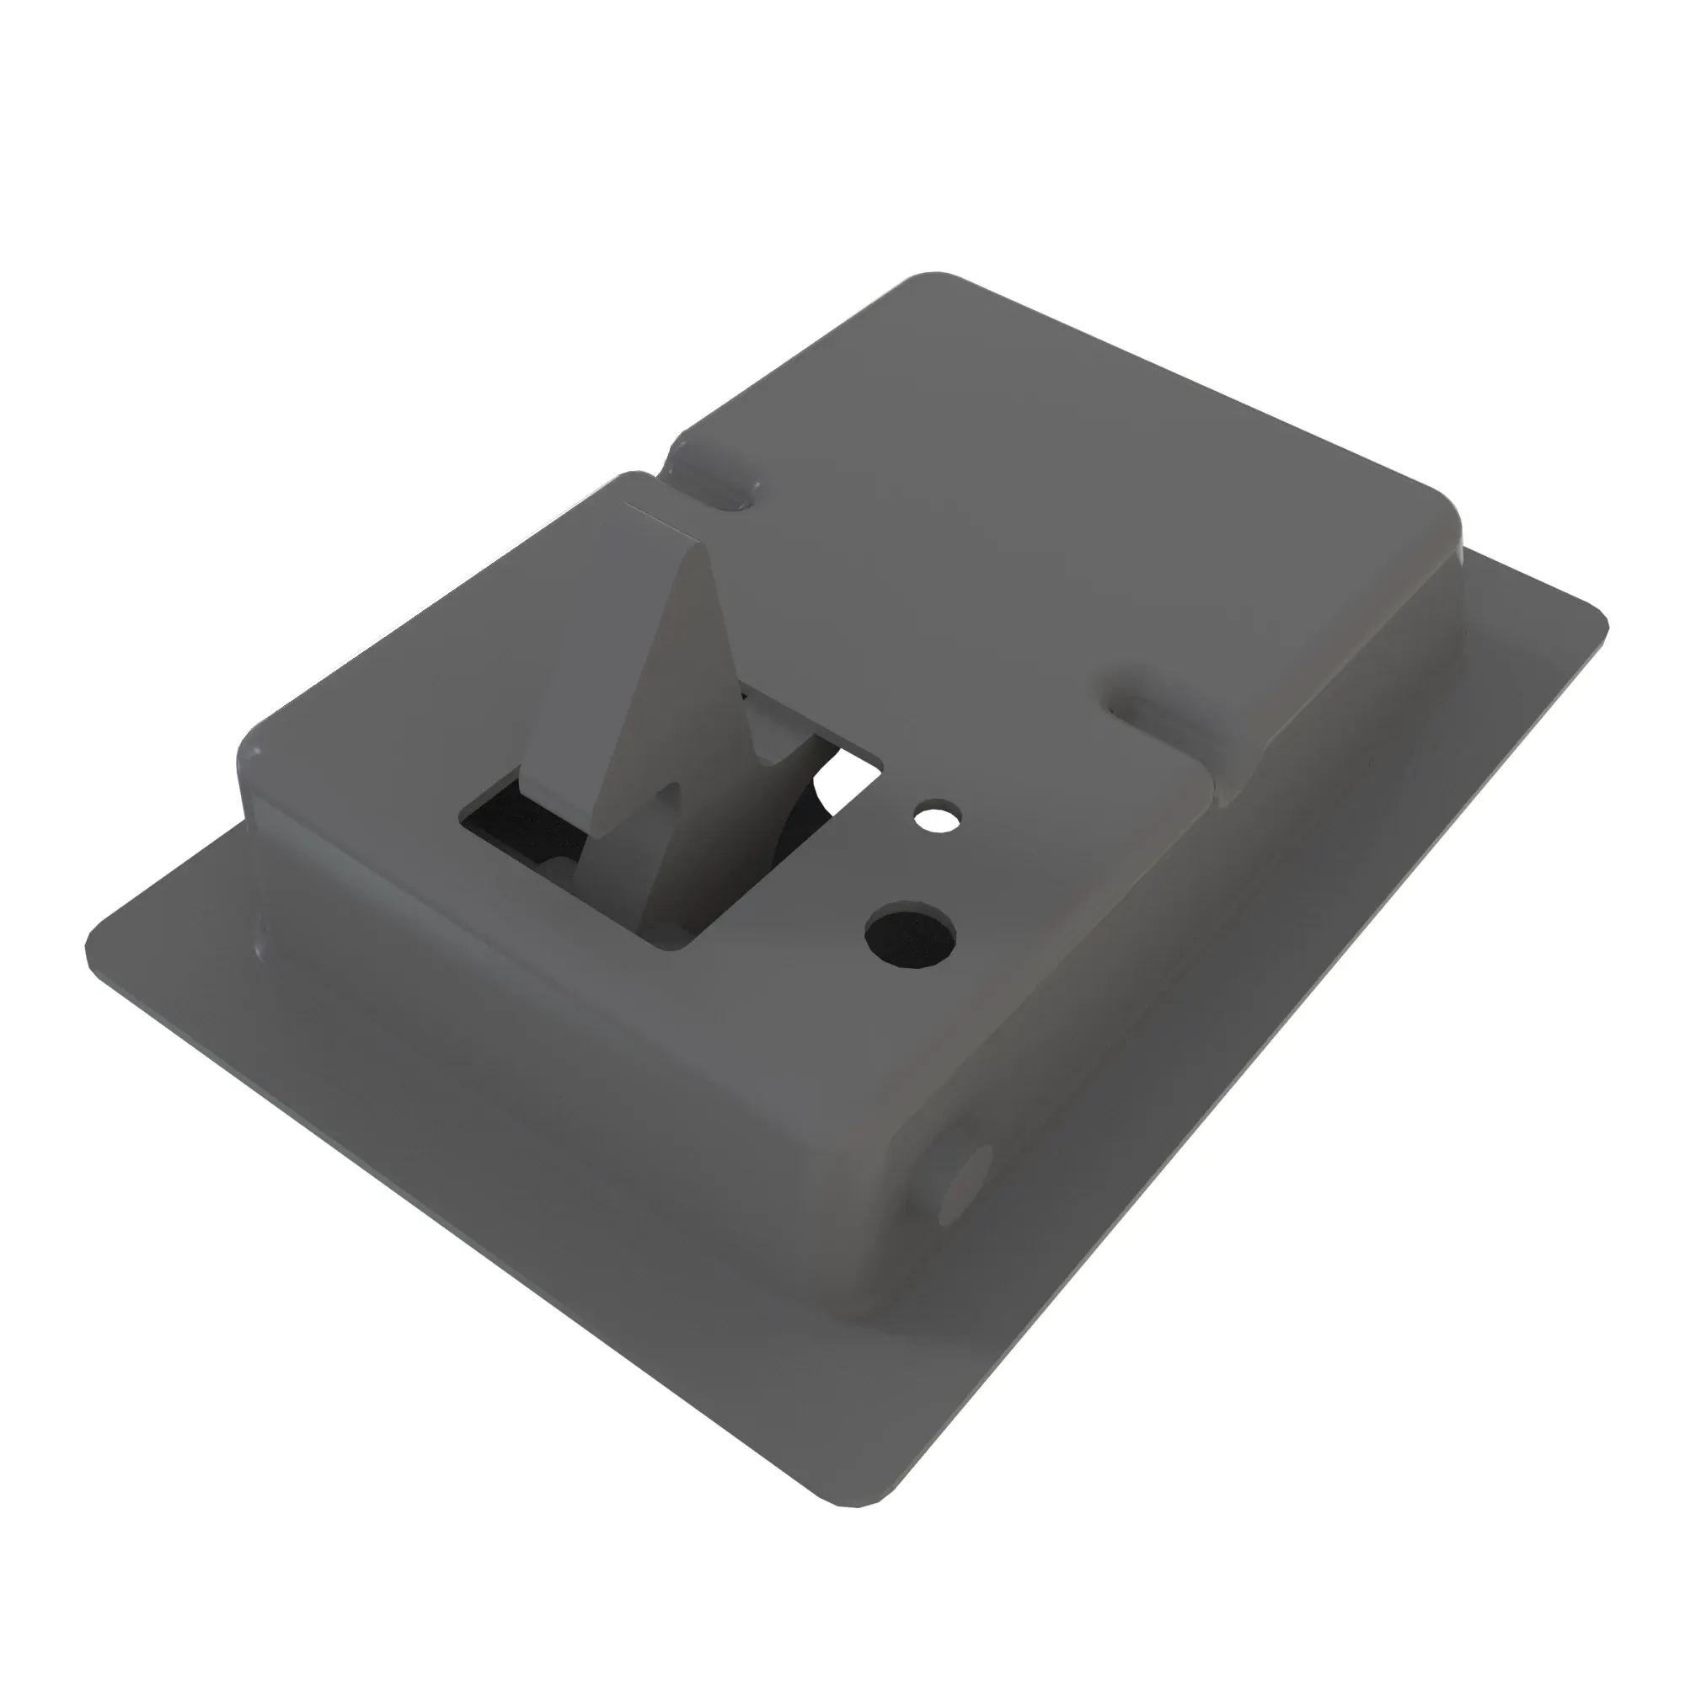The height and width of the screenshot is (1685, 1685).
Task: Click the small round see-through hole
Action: click(x=937, y=817)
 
